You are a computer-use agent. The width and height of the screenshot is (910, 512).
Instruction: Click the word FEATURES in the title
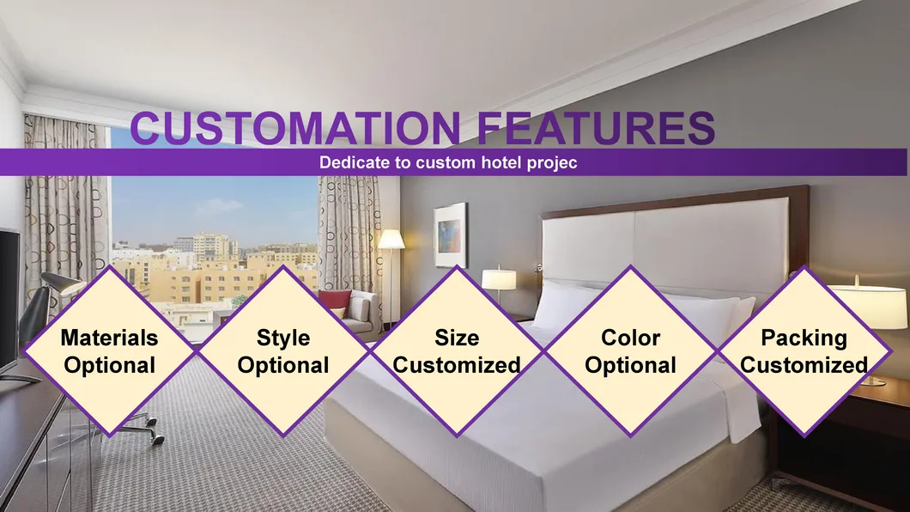(594, 128)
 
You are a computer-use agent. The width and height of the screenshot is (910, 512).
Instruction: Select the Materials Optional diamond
(109, 350)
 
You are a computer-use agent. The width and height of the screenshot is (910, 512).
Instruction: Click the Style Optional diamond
(283, 350)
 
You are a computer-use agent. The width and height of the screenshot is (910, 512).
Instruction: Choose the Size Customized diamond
(457, 350)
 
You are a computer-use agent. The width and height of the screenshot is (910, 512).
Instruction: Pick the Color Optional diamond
(630, 350)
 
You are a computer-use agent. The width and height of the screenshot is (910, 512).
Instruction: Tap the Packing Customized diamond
(804, 350)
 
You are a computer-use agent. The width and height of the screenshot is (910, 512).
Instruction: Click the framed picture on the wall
(450, 235)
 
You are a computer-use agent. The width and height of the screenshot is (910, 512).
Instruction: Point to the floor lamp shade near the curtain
(391, 239)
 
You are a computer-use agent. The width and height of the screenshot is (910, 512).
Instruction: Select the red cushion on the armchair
(336, 301)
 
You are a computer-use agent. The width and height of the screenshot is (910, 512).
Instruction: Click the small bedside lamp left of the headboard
(498, 279)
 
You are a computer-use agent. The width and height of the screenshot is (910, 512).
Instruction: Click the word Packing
(804, 338)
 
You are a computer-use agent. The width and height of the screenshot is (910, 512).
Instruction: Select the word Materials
(109, 338)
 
